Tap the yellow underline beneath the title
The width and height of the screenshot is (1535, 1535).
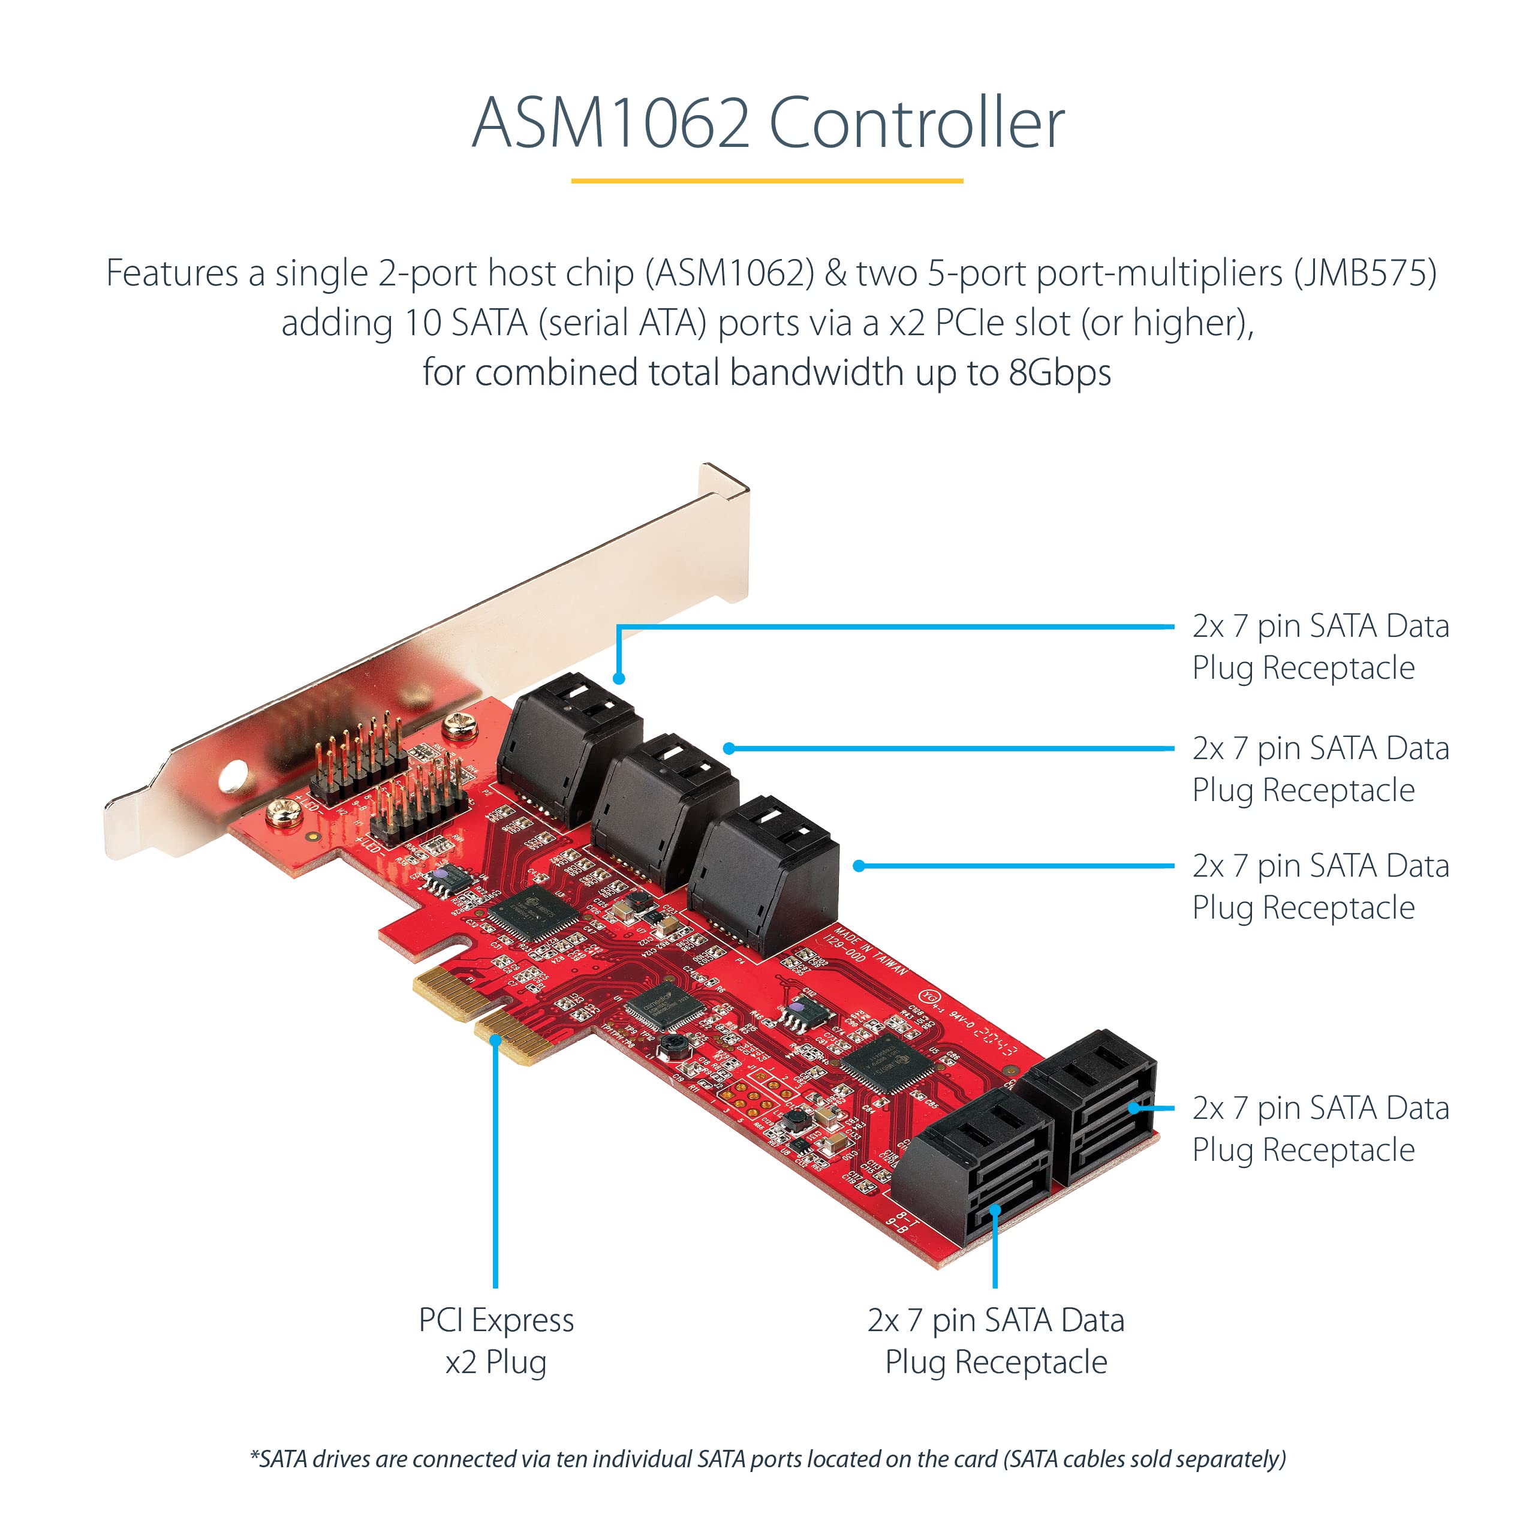(x=767, y=181)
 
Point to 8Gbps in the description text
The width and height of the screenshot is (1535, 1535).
(x=1059, y=372)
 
